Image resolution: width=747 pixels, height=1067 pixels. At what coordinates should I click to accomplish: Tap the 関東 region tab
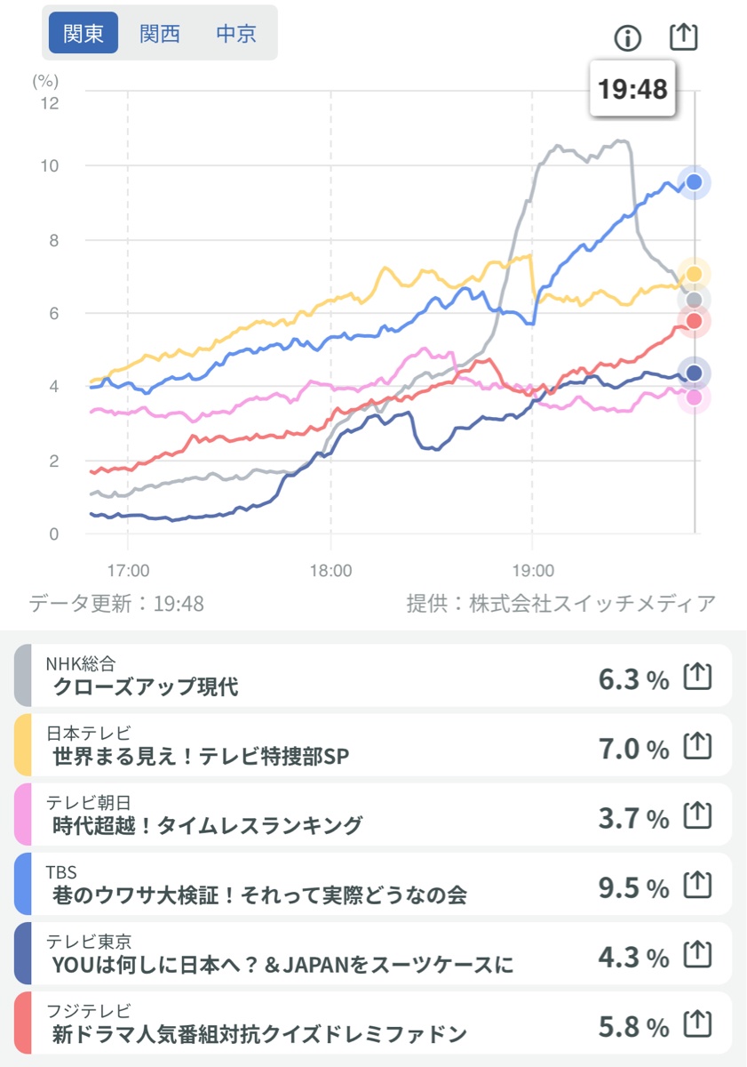tap(83, 34)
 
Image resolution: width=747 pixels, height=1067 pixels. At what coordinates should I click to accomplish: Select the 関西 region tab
tap(160, 34)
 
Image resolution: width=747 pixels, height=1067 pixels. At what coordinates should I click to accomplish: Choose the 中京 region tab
tap(236, 34)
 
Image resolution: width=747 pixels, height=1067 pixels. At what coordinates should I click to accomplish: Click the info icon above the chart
tap(628, 37)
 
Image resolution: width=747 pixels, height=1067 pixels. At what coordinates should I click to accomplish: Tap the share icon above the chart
tap(684, 36)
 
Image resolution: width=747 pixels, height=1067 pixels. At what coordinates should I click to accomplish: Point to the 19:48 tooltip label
tap(632, 89)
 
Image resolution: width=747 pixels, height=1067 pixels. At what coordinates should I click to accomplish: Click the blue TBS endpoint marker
tap(695, 182)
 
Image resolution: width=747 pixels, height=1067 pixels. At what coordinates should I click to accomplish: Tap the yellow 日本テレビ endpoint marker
tap(695, 274)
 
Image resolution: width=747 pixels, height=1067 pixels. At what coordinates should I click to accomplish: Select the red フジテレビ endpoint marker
tap(695, 321)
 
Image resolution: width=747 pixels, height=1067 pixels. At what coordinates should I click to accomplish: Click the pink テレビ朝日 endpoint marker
tap(695, 397)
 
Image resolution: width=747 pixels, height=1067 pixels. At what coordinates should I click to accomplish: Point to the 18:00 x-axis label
tap(331, 569)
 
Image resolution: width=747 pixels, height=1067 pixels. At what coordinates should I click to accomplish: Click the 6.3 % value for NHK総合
tap(633, 680)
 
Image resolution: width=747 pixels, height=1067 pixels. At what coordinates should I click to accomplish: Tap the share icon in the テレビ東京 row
tap(698, 957)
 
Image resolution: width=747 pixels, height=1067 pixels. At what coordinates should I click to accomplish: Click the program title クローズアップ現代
tap(147, 686)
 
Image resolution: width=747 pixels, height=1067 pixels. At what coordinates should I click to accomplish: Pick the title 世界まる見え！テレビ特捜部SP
tap(201, 756)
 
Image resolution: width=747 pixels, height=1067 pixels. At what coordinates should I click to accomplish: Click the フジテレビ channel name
tap(88, 1011)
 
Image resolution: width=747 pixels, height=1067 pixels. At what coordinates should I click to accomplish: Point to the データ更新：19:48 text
tap(116, 605)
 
